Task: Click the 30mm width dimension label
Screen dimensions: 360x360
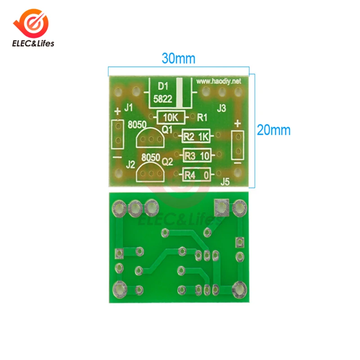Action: point(178,58)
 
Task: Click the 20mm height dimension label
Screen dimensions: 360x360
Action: point(274,130)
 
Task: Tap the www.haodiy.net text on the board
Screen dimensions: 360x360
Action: point(219,81)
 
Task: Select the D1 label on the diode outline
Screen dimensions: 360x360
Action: point(163,85)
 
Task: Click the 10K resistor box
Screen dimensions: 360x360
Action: point(171,118)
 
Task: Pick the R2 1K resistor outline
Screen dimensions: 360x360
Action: point(197,137)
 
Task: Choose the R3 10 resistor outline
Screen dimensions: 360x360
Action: point(197,156)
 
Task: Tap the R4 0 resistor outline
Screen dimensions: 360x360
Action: point(197,175)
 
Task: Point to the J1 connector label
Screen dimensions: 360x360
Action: point(128,108)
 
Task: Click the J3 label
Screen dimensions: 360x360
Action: point(221,108)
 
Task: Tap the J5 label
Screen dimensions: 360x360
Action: point(225,182)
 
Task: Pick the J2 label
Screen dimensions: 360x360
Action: point(131,164)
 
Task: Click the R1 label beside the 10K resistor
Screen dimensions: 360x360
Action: point(202,118)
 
